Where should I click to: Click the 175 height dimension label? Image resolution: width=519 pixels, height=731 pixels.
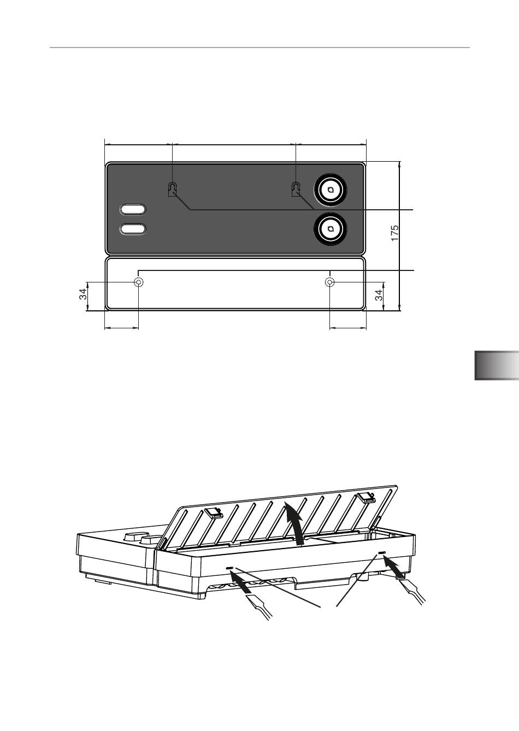click(x=394, y=233)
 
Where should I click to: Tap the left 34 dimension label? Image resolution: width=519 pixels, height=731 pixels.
click(x=84, y=294)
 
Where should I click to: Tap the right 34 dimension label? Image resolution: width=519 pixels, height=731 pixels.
click(x=379, y=295)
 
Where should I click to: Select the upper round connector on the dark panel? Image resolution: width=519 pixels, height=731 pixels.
click(x=330, y=190)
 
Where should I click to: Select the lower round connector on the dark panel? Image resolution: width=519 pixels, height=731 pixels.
click(x=330, y=229)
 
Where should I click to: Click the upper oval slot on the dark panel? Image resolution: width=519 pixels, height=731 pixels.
click(x=133, y=209)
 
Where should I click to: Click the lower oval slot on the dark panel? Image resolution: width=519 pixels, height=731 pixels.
click(x=133, y=229)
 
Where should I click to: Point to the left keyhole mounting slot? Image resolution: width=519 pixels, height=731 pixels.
click(x=172, y=190)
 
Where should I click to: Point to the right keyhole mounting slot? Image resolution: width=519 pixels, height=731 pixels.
click(x=296, y=189)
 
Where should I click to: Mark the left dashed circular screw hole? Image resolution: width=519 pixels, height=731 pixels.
click(x=138, y=281)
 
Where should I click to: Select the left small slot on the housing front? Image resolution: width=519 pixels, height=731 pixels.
click(x=229, y=568)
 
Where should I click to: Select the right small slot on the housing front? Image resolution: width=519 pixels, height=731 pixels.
click(x=382, y=552)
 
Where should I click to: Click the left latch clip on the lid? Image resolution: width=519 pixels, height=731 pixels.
click(x=213, y=513)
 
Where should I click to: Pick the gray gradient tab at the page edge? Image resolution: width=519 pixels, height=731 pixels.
click(x=497, y=365)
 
